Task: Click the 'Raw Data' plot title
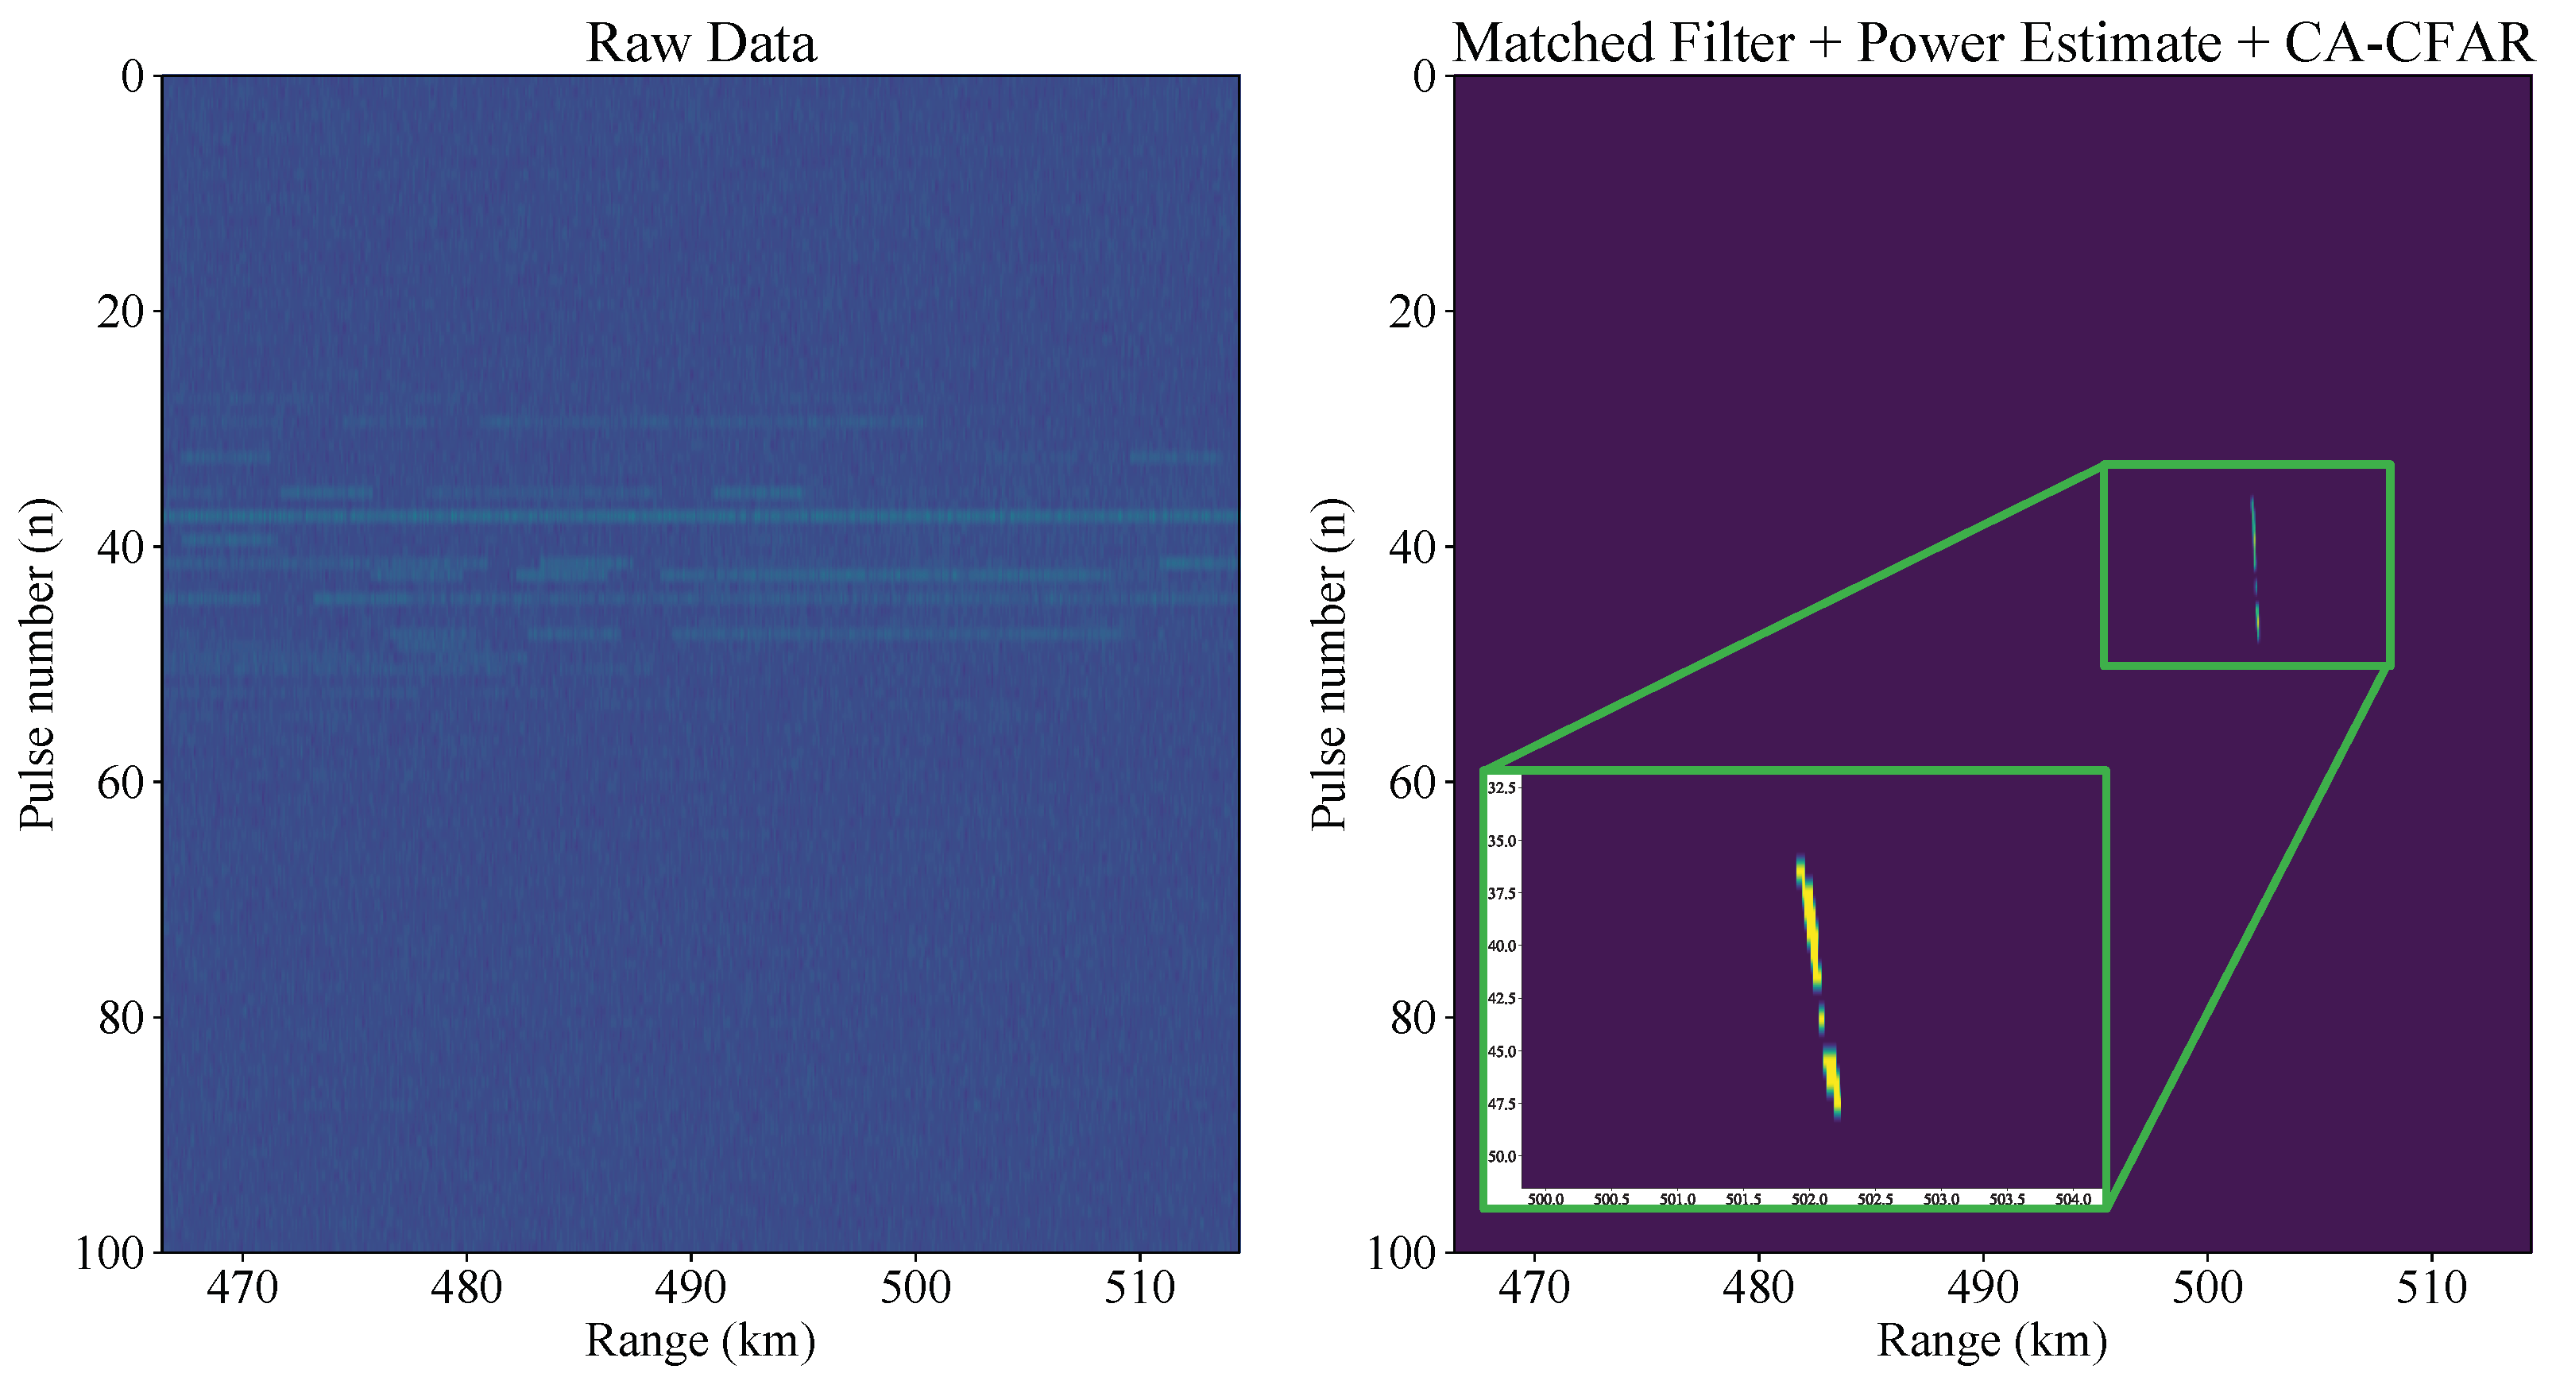tap(701, 43)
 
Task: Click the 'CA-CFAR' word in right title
tap(2410, 43)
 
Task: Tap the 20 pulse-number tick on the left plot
tap(120, 311)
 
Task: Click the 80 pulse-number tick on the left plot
tap(120, 1018)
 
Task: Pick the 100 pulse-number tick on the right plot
tap(1401, 1254)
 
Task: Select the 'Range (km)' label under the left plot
tap(701, 1341)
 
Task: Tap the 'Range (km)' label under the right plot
tap(1993, 1341)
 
